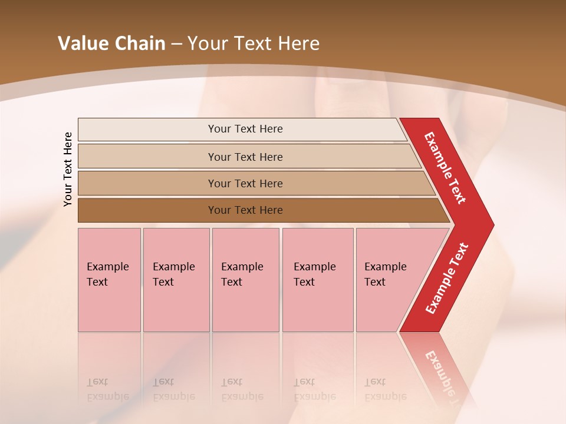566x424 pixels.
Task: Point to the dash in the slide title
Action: click(x=176, y=44)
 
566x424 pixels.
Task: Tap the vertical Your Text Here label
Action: click(x=68, y=169)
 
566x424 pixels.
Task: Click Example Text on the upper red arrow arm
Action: click(x=445, y=168)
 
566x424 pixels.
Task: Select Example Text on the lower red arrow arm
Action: click(x=447, y=279)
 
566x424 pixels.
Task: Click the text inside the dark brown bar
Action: click(x=245, y=210)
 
